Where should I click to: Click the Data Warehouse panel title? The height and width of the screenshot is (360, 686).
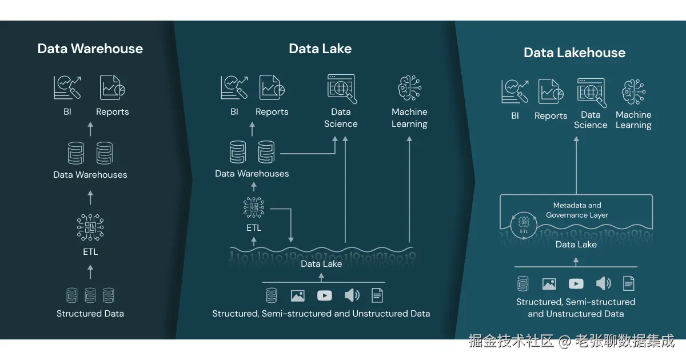pos(90,49)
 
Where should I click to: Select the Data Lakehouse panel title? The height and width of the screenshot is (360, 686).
pos(575,53)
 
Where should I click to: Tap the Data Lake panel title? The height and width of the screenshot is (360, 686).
pos(320,49)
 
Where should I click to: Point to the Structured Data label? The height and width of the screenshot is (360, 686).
pos(90,313)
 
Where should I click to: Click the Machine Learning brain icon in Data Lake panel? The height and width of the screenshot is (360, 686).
pos(409,88)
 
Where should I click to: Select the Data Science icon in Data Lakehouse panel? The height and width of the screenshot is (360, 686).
pos(591,91)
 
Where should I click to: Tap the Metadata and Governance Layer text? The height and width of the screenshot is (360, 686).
pos(577,210)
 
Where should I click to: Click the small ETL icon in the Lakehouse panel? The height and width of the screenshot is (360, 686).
pos(524,225)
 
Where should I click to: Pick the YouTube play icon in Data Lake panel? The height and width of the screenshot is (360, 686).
pos(324,295)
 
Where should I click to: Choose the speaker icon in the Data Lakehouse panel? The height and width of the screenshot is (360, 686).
pos(603,283)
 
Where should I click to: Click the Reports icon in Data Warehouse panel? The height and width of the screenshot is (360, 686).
pos(113,88)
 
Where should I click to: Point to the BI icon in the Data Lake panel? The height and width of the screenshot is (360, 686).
pos(234,88)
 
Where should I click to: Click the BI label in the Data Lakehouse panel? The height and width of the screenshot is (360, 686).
pos(515,115)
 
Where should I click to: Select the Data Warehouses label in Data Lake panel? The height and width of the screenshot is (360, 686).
pos(252,174)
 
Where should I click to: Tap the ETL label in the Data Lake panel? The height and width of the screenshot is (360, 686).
pos(254,227)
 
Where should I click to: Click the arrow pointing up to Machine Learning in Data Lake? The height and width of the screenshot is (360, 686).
pos(409,189)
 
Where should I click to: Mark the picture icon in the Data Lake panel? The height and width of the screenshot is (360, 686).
pos(297,295)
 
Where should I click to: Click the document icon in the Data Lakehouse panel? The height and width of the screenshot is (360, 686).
pos(629,283)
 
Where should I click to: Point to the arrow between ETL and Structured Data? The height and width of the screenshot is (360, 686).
pos(90,271)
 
